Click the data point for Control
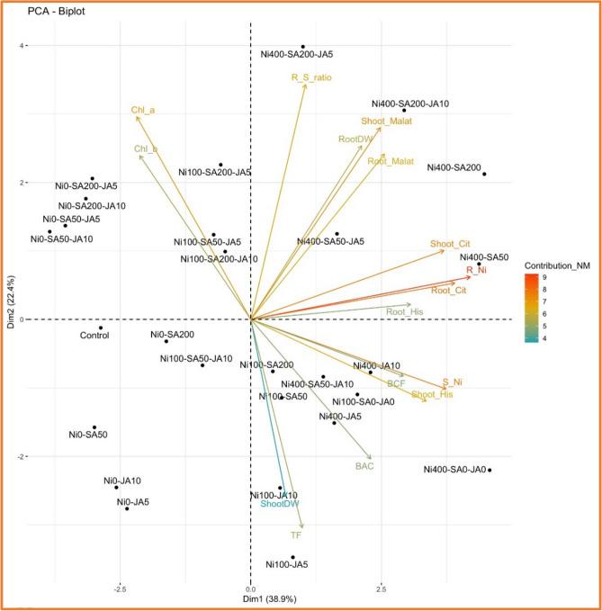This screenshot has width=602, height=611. (x=101, y=328)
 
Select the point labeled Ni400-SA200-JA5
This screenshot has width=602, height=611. (x=303, y=47)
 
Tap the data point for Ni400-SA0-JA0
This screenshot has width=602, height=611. (x=490, y=470)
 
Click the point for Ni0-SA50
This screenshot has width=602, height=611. (x=94, y=427)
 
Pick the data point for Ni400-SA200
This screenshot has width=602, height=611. (x=484, y=174)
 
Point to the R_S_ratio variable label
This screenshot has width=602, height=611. (x=312, y=77)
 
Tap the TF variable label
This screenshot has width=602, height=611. (x=295, y=535)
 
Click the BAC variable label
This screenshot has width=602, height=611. (x=364, y=466)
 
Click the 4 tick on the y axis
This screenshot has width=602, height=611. (x=26, y=46)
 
